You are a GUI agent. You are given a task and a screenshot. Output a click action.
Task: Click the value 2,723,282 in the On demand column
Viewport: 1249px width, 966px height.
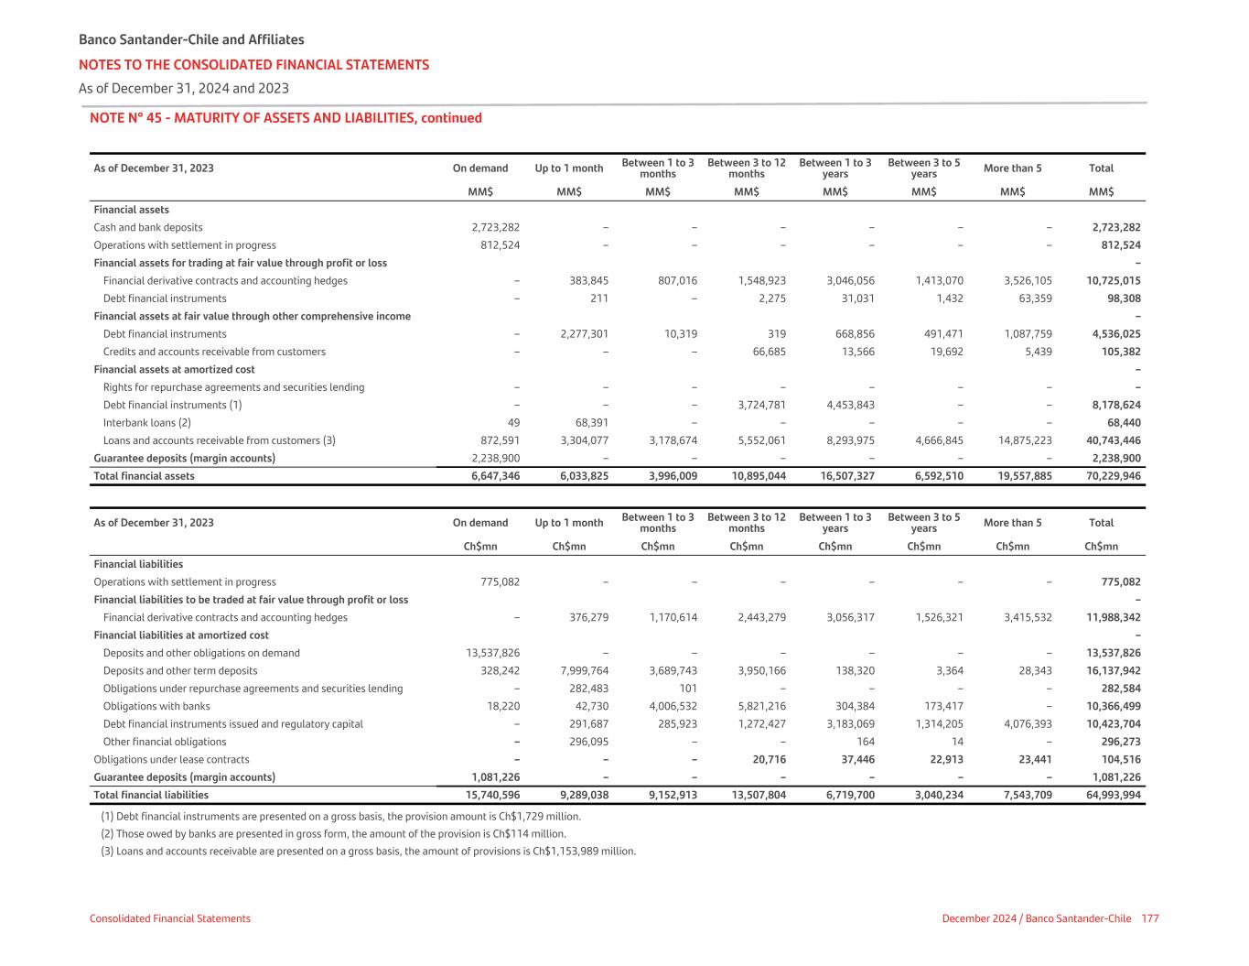496,227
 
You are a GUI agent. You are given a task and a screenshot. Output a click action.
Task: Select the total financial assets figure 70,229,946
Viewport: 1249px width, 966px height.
1114,476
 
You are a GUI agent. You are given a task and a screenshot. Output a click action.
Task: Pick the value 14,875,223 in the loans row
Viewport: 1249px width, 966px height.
1023,440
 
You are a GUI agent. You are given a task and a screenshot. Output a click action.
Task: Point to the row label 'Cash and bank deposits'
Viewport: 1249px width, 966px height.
148,227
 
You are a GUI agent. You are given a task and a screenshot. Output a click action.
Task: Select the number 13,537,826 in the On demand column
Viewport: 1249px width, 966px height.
493,653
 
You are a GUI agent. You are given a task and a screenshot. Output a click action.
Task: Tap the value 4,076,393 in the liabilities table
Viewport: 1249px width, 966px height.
1023,724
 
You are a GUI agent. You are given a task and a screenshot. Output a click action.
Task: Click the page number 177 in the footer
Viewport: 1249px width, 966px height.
1150,918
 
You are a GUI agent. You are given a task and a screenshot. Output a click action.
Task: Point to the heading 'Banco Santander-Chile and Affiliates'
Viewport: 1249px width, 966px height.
191,39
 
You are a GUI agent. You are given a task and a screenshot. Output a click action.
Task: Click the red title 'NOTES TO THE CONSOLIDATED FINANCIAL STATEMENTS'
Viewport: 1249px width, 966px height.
253,65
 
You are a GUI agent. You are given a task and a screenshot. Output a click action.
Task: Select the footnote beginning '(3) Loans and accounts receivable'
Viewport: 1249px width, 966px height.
368,851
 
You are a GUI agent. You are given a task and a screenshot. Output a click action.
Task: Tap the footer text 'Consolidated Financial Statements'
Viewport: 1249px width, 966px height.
169,918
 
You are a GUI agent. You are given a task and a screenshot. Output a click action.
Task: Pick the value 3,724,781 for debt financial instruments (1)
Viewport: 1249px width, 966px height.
757,405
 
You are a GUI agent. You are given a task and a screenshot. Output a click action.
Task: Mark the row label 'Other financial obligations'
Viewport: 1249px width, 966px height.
165,742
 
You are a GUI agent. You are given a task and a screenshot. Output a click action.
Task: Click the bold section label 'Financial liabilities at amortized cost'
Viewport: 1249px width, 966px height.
181,635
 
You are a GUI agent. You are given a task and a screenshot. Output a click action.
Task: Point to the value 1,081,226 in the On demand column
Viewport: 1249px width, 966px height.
496,777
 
